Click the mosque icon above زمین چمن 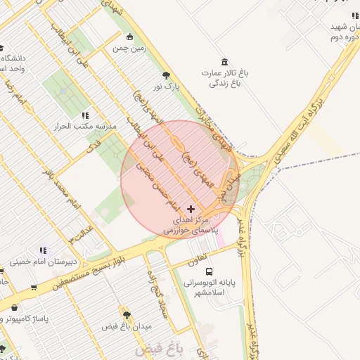(x=129, y=37)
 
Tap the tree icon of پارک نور (x=166, y=75)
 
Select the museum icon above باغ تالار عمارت (x=224, y=62)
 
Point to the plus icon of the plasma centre (x=191, y=209)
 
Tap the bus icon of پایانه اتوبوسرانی (x=209, y=271)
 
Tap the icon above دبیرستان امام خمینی (x=43, y=250)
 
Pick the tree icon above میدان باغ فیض (x=127, y=315)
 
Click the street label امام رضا (x=15, y=92)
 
